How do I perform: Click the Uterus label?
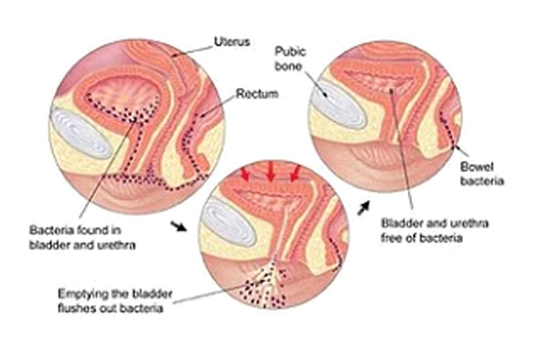click(x=232, y=42)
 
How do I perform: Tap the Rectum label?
click(x=257, y=94)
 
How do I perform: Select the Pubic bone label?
click(x=290, y=59)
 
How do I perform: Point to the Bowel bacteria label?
click(x=482, y=173)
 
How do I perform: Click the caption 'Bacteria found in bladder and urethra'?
click(x=82, y=237)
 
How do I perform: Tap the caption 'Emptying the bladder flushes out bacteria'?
click(x=115, y=301)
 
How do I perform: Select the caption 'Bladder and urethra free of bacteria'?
click(x=434, y=230)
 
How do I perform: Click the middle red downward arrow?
click(x=271, y=172)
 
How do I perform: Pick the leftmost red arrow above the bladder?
click(x=245, y=173)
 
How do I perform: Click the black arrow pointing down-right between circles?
click(x=178, y=226)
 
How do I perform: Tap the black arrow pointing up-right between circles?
click(x=364, y=208)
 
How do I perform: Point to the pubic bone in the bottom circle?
click(x=229, y=222)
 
